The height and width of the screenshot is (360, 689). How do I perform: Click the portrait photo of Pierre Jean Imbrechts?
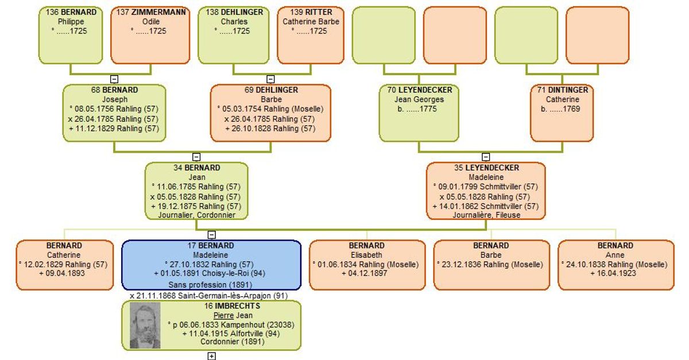(x=145, y=326)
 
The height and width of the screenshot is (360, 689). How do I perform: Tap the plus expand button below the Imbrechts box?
(x=212, y=356)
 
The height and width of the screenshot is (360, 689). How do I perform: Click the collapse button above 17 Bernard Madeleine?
(x=212, y=235)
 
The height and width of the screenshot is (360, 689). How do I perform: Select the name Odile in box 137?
(x=150, y=22)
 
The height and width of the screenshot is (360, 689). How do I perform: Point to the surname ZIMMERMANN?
(x=158, y=12)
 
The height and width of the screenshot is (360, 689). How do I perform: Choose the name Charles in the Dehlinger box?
(x=234, y=22)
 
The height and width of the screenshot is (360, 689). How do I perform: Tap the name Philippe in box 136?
(x=71, y=22)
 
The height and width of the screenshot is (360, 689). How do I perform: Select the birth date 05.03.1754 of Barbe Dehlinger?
(x=242, y=109)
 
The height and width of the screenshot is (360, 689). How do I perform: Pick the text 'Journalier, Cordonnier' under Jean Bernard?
(x=197, y=215)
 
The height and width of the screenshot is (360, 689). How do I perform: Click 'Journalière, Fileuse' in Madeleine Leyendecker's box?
(x=486, y=215)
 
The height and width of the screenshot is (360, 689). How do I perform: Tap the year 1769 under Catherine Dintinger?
(x=571, y=109)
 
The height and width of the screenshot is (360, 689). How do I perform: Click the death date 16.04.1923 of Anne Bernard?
(x=617, y=273)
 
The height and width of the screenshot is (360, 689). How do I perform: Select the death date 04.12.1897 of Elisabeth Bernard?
(x=367, y=273)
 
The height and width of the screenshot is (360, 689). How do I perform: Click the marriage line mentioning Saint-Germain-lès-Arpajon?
(x=209, y=296)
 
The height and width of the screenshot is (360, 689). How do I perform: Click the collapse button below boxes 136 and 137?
(x=114, y=79)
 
